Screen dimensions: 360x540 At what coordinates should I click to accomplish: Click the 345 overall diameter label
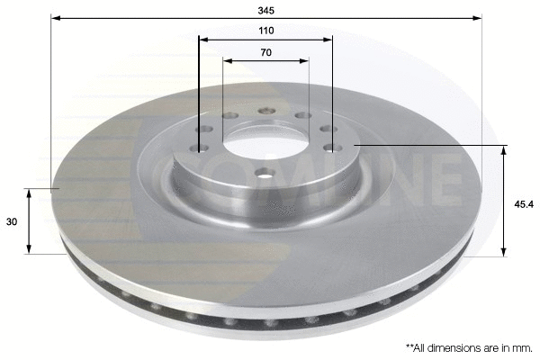265,10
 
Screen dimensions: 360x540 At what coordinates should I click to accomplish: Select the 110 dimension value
265,31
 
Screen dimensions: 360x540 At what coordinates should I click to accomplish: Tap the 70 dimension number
265,53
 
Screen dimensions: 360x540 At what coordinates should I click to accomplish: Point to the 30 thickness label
11,221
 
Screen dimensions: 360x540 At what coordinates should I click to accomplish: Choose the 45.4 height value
525,202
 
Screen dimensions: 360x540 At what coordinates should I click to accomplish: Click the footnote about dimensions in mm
468,346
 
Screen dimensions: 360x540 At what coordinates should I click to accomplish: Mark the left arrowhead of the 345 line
54,17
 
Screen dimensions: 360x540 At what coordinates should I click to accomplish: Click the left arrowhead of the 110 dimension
202,40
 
